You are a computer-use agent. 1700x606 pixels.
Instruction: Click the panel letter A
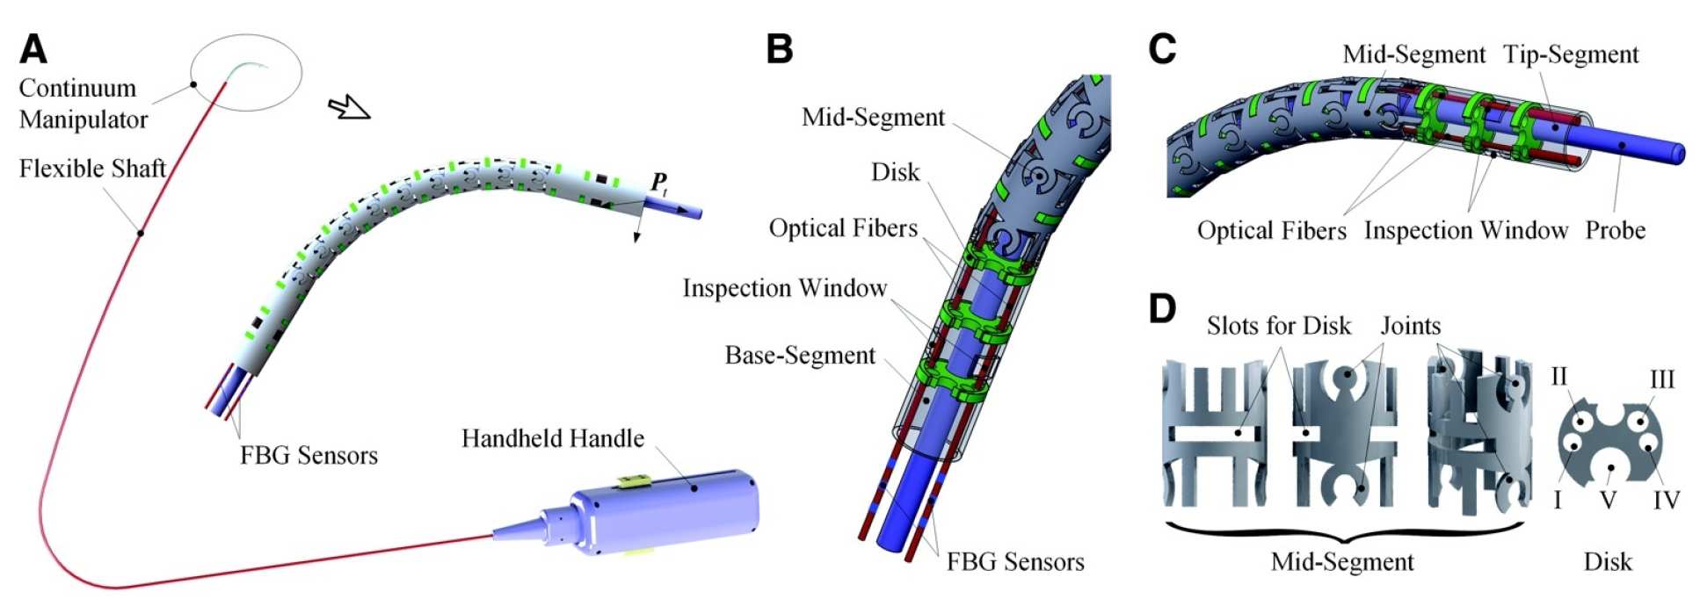tap(33, 49)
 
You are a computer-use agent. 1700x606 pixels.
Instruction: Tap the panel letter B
tap(779, 49)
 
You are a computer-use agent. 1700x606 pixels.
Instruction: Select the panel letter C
tap(1162, 49)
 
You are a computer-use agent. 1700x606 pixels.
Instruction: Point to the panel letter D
tap(1162, 308)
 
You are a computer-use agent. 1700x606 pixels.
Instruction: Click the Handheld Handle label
tap(552, 438)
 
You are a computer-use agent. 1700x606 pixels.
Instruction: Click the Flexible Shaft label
tap(92, 169)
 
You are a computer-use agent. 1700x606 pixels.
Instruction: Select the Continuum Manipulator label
tap(83, 104)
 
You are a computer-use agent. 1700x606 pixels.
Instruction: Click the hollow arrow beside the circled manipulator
tap(349, 108)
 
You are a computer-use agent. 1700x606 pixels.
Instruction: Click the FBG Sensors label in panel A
tap(309, 455)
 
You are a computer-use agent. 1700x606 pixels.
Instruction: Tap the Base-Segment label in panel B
tap(800, 355)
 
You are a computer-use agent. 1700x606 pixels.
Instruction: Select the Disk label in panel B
tap(895, 172)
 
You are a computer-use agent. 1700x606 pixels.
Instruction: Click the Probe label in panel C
tap(1615, 230)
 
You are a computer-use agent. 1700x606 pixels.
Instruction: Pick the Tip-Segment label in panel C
tap(1571, 54)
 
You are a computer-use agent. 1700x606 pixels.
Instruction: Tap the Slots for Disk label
tap(1278, 326)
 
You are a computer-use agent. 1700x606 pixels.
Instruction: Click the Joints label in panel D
tap(1411, 326)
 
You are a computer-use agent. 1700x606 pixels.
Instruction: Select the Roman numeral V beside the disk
tap(1608, 501)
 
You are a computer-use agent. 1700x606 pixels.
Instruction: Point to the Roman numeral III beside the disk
tap(1661, 379)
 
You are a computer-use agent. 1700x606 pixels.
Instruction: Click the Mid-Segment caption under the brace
tap(1342, 562)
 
